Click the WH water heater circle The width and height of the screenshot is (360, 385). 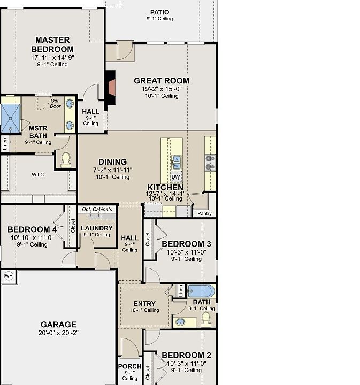9,276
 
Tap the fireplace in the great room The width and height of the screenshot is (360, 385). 110,90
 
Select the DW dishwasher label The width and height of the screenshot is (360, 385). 176,176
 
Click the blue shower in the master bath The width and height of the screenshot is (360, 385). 11,119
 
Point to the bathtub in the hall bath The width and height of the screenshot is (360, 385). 201,291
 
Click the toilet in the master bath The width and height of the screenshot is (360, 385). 66,160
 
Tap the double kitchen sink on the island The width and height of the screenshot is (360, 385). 177,163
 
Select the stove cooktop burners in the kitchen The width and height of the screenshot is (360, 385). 210,163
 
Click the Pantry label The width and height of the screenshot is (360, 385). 204,213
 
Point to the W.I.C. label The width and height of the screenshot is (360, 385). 39,174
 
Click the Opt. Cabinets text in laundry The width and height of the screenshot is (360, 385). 97,209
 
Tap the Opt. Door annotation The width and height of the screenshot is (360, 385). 56,104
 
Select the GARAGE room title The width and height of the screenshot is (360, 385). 58,325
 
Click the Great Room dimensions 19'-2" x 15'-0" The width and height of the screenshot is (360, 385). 162,89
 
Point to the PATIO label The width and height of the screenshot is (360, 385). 159,12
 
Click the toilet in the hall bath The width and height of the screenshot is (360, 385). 206,319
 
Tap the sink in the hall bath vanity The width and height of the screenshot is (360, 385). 180,322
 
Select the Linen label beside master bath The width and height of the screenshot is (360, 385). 5,144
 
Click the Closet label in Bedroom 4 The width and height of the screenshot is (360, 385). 73,226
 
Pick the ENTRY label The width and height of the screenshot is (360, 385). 144,304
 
